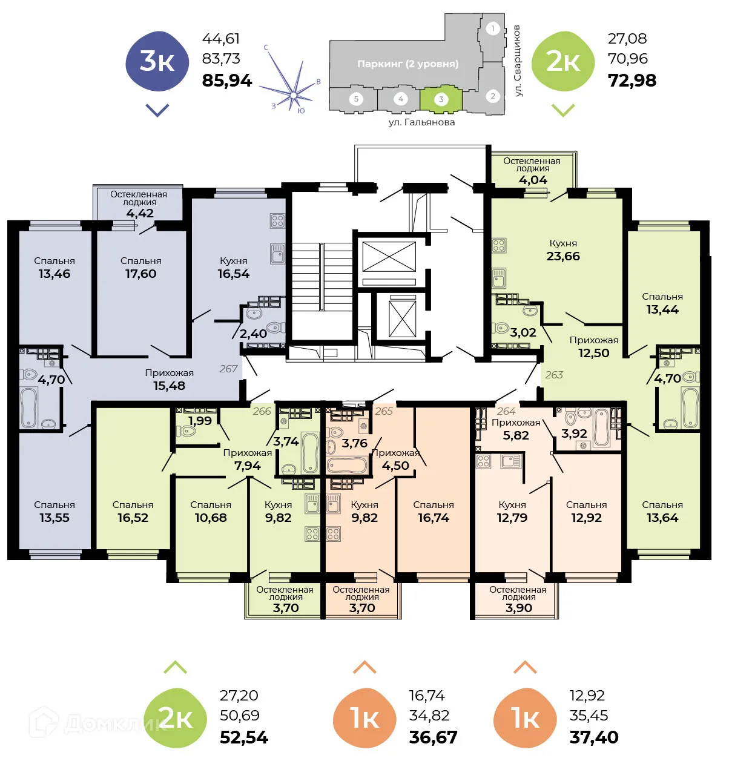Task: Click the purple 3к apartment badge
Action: pos(157,62)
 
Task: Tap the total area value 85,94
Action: pos(226,81)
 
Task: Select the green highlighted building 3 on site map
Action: pos(441,100)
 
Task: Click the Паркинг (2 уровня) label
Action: pos(407,64)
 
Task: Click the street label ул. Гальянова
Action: pos(421,122)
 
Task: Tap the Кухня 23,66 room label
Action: pos(563,250)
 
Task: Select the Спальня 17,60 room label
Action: pos(140,268)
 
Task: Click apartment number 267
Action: pos(228,369)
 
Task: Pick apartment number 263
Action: pos(554,375)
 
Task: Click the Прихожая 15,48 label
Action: pos(169,380)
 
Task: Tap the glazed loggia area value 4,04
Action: pos(533,180)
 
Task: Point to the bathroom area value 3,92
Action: pos(574,433)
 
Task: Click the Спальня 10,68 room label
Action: pos(211,512)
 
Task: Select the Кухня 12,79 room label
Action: pos(512,512)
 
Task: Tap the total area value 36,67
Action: pos(433,737)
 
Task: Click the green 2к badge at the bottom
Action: pos(176,718)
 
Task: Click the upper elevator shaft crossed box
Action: pos(389,257)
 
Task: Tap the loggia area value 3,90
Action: pos(519,608)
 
